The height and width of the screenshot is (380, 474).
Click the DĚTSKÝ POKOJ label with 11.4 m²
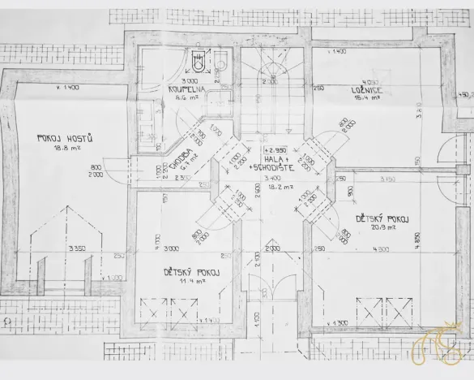tap(191, 272)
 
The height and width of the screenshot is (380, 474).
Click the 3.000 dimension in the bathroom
tap(190, 82)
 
